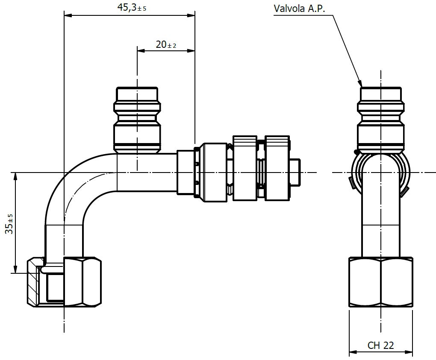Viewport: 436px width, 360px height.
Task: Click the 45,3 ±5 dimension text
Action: click(131, 8)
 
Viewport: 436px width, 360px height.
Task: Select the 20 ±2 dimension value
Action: click(166, 44)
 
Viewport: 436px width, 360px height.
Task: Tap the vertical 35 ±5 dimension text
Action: click(9, 223)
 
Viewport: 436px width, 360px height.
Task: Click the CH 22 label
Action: click(380, 345)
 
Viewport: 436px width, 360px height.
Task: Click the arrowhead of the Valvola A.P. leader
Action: click(360, 84)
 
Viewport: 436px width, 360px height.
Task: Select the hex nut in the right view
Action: click(380, 282)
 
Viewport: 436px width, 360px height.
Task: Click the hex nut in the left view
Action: click(82, 282)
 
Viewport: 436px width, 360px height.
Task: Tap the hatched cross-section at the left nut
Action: click(32, 282)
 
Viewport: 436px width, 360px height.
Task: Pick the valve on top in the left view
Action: click(137, 120)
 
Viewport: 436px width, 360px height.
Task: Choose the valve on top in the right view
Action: click(380, 120)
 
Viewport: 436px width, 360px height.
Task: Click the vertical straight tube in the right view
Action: click(380, 214)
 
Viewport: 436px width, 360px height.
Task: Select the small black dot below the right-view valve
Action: click(356, 152)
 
